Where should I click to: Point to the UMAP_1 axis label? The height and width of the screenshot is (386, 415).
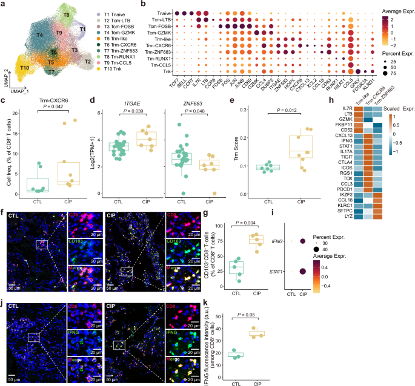[x=21, y=90]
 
